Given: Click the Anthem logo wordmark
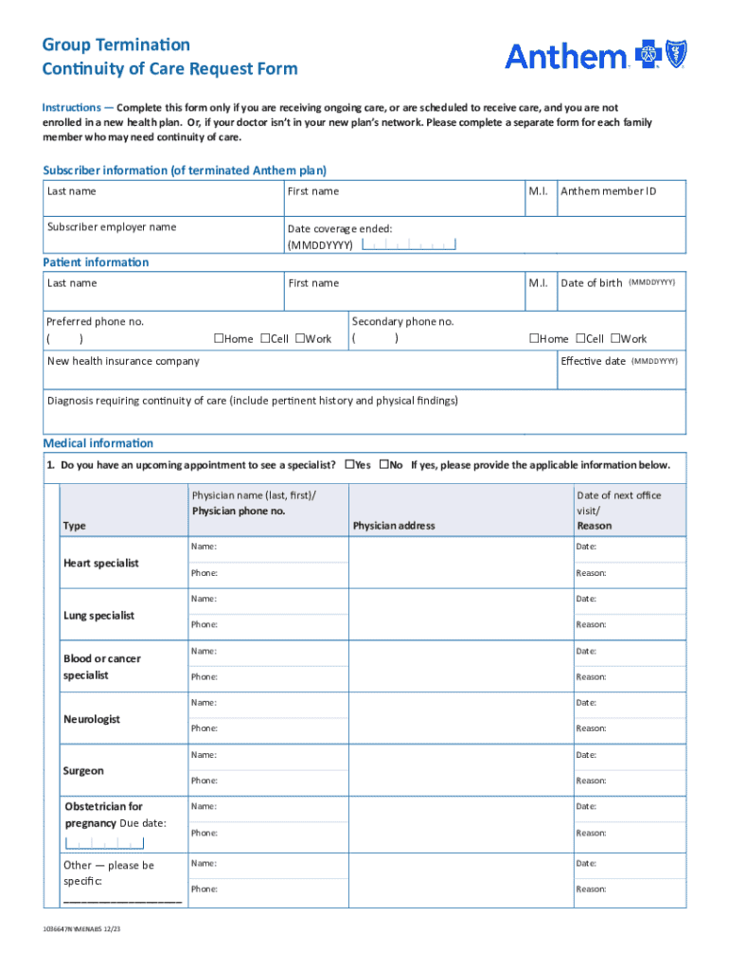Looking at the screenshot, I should (x=565, y=57).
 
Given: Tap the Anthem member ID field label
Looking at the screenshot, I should (x=608, y=191).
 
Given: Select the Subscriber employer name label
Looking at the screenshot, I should (x=112, y=227).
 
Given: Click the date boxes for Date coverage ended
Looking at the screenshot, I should (x=409, y=245).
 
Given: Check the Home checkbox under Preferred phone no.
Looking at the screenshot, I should (x=218, y=339).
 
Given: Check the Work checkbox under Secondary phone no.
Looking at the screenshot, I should (x=614, y=339).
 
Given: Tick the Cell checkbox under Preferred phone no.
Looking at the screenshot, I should (x=264, y=339).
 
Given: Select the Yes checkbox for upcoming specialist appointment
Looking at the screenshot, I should (x=349, y=465).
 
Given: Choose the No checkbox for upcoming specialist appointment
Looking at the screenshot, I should (x=384, y=465).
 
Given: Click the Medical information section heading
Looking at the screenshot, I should (x=98, y=443).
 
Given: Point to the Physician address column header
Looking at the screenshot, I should (x=394, y=526).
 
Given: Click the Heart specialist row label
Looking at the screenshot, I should (x=101, y=564).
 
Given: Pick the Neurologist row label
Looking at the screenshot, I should (x=92, y=720).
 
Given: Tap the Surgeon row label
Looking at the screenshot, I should (x=83, y=771).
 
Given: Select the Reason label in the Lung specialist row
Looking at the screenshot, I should (x=591, y=625).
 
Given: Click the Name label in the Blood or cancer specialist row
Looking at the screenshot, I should (x=204, y=652).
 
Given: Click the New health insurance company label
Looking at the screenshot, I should (x=124, y=362).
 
